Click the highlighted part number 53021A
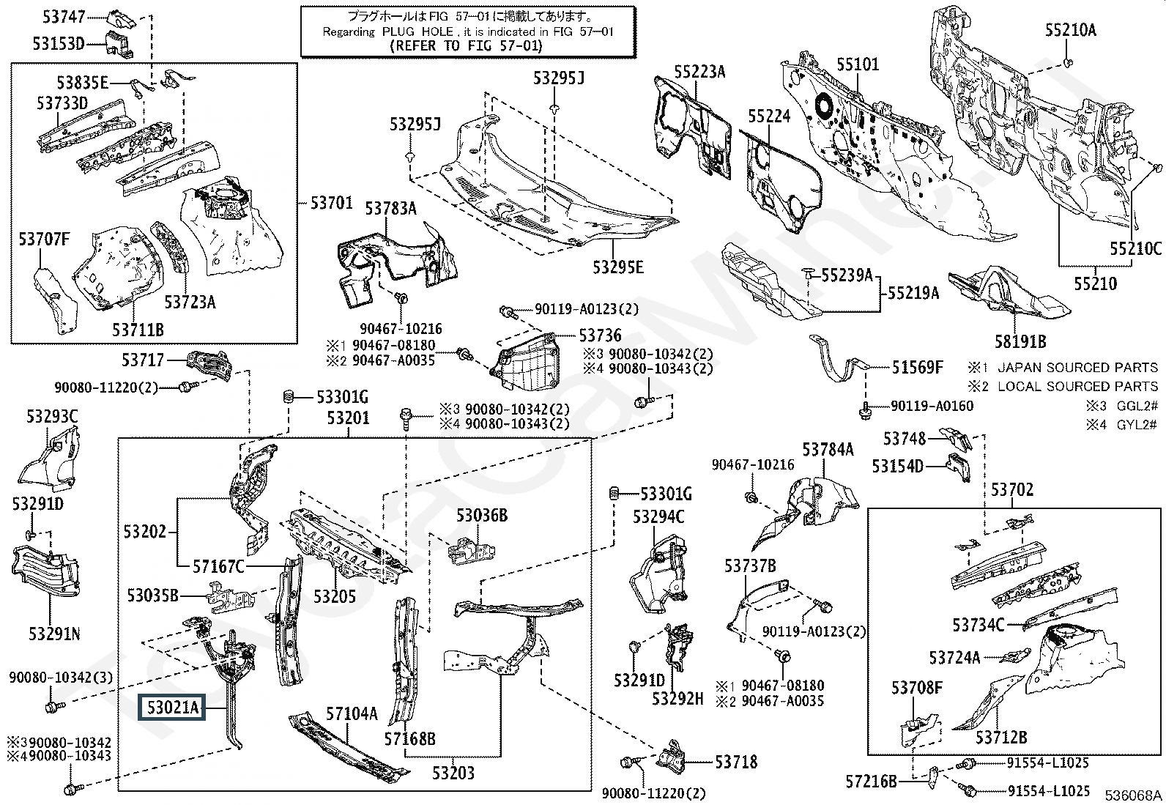tap(173, 708)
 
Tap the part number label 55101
tap(858, 64)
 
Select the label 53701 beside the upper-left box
tap(331, 203)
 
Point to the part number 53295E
tap(618, 267)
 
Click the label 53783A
tap(390, 209)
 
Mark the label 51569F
tap(917, 367)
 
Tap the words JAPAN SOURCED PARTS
tap(1077, 368)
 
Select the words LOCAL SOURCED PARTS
tap(1077, 386)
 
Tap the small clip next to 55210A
tap(1069, 61)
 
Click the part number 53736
tap(600, 335)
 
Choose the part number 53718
tap(737, 762)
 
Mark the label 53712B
tap(1000, 737)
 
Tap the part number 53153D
tap(59, 44)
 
